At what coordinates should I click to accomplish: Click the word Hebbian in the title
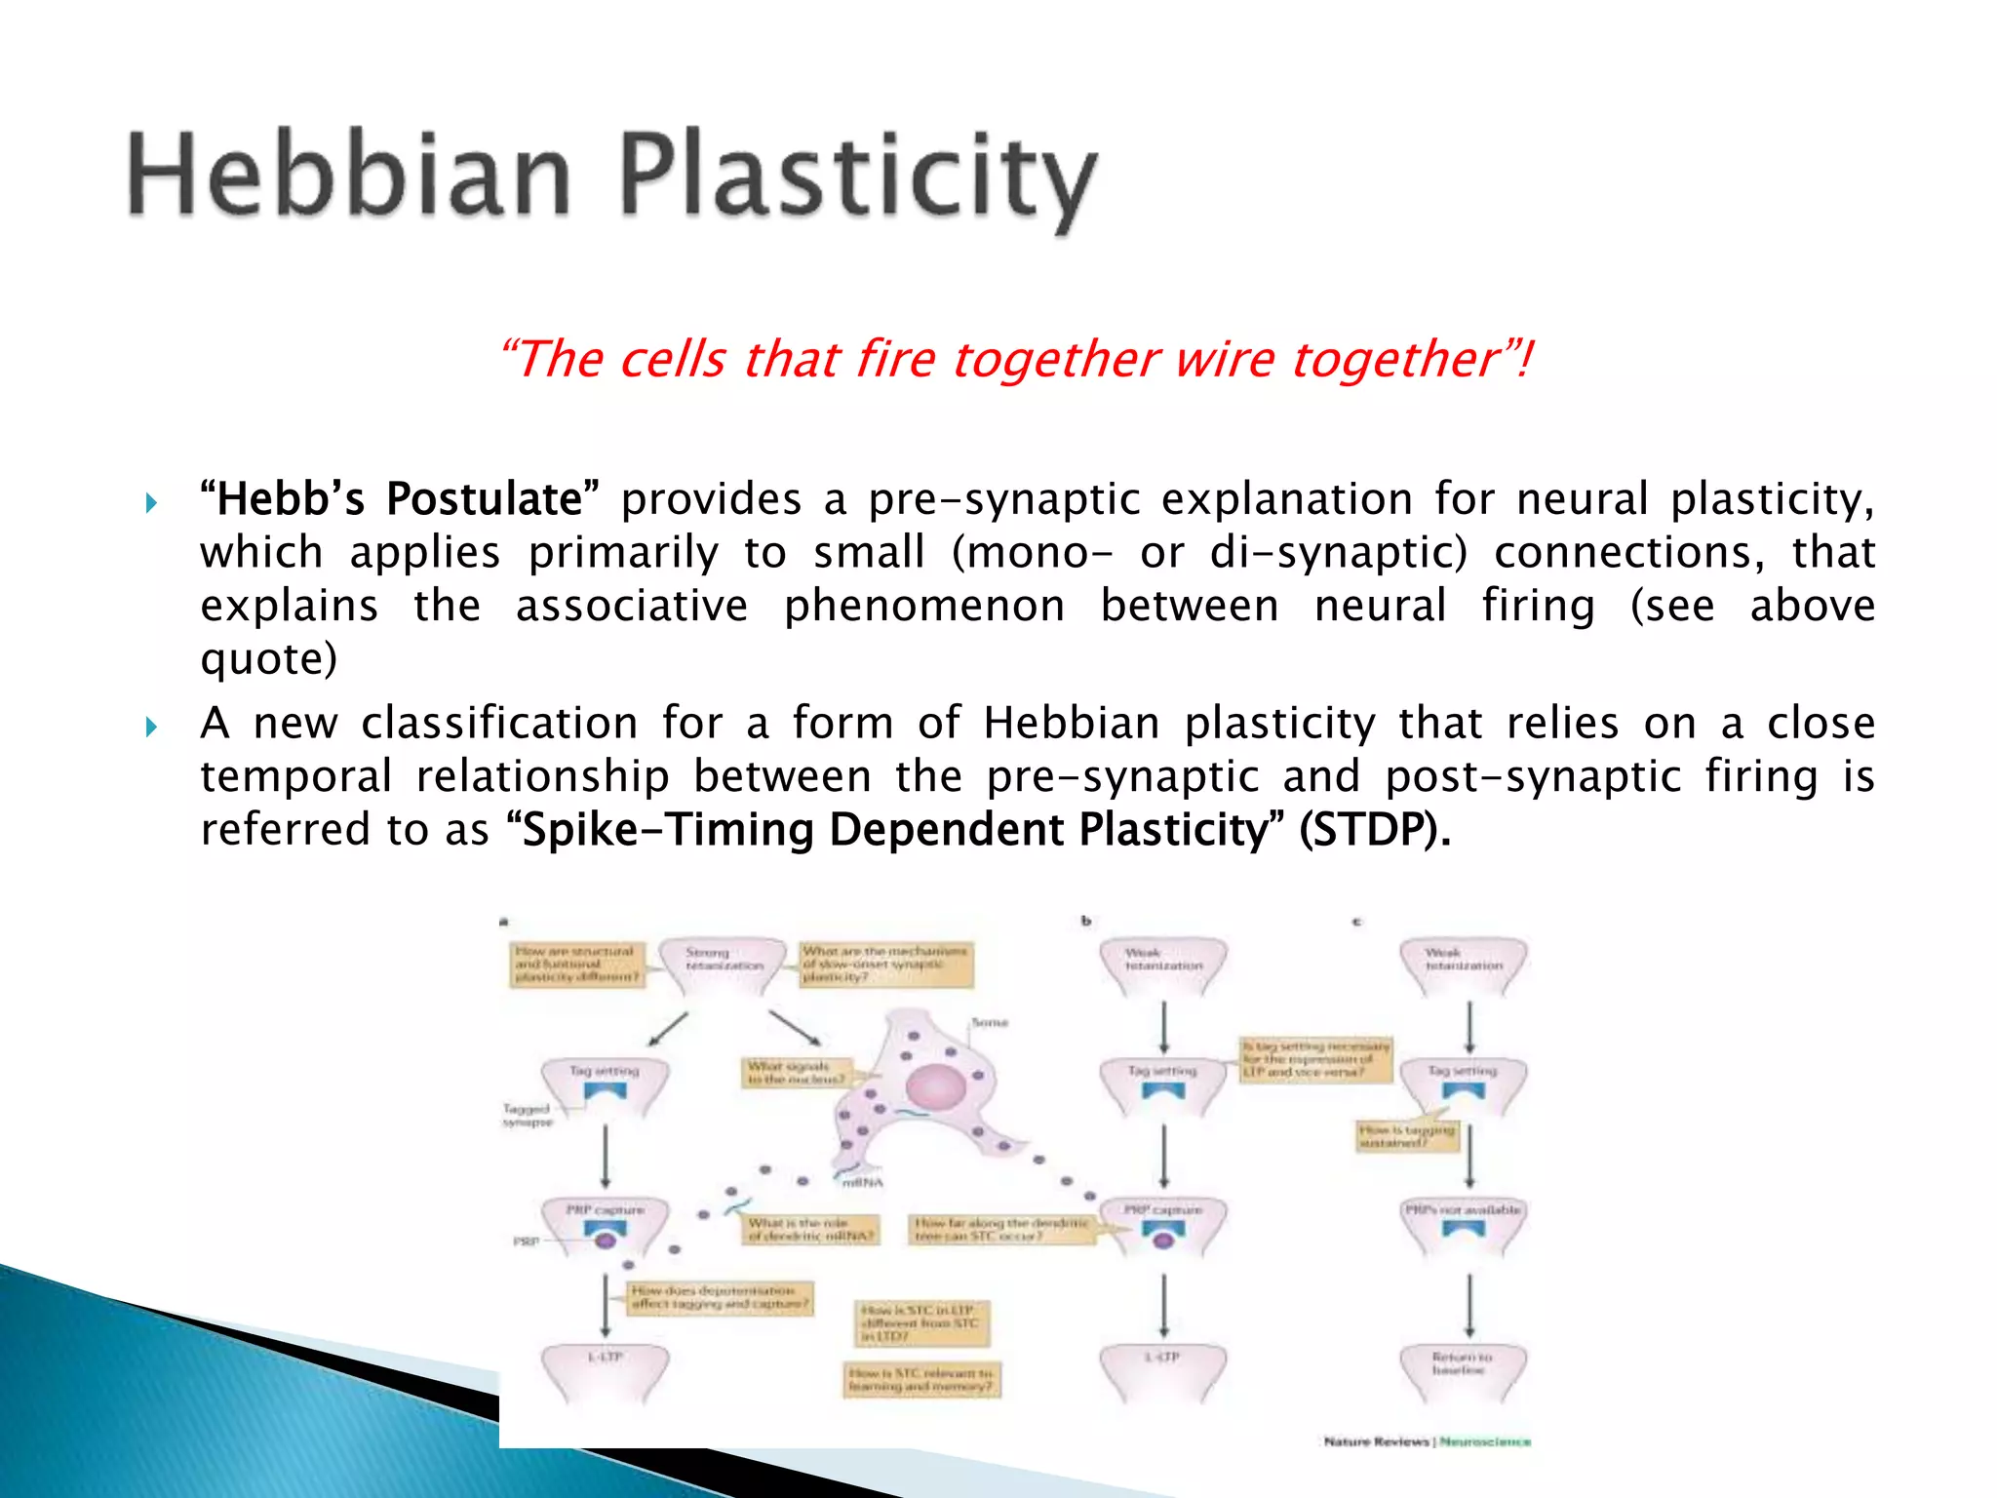pyautogui.click(x=349, y=176)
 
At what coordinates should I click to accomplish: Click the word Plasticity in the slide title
pyautogui.click(x=858, y=177)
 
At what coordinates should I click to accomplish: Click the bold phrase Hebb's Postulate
pyautogui.click(x=400, y=499)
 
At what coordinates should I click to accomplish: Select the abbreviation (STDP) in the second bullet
pyautogui.click(x=1374, y=830)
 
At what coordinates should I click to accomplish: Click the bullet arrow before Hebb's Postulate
pyautogui.click(x=151, y=503)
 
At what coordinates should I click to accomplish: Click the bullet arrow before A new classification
pyautogui.click(x=151, y=727)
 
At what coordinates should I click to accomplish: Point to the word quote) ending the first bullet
pyautogui.click(x=269, y=659)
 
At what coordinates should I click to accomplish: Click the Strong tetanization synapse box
pyautogui.click(x=723, y=960)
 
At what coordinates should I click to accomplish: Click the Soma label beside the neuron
pyautogui.click(x=989, y=1022)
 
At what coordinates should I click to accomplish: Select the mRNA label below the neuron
pyautogui.click(x=862, y=1183)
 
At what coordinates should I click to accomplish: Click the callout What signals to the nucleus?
pyautogui.click(x=795, y=1073)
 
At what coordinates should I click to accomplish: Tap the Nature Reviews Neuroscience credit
pyautogui.click(x=1427, y=1441)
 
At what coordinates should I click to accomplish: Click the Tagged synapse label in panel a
pyautogui.click(x=528, y=1115)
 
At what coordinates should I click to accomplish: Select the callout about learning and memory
pyautogui.click(x=920, y=1380)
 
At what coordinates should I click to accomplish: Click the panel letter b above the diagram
pyautogui.click(x=1085, y=921)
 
